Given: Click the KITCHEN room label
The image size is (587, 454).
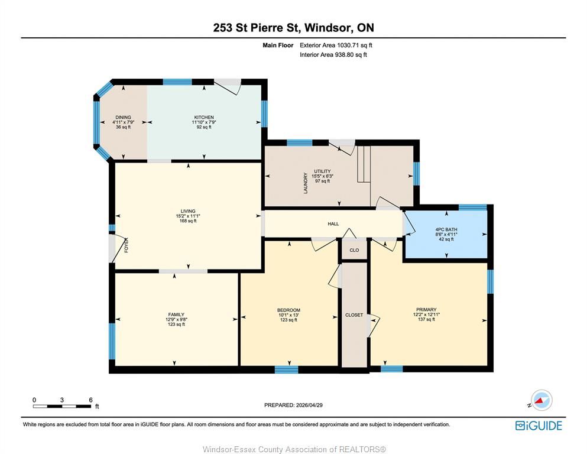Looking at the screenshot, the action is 204,117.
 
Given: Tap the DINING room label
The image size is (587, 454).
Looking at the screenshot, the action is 123,117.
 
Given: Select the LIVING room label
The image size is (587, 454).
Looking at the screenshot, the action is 188,211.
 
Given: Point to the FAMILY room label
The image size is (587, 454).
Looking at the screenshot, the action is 176,314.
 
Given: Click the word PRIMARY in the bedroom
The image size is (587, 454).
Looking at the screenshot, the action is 426,310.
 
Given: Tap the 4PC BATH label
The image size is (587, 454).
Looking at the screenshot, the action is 446,229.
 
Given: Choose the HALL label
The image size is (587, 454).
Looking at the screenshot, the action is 333,224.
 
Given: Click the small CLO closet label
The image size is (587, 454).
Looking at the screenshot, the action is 354,250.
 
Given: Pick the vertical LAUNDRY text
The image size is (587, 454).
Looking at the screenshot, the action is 306,183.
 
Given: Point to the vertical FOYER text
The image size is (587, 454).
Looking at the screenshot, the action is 126,245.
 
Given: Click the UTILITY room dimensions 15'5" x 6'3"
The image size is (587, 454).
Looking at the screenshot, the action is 322,176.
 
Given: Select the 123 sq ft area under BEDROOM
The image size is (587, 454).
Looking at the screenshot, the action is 288,320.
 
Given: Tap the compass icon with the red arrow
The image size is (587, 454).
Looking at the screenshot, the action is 541,400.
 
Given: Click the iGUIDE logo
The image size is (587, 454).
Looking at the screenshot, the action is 539,426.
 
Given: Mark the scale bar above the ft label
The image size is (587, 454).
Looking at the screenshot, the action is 62,406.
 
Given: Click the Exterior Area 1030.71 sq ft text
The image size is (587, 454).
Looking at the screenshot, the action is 336,46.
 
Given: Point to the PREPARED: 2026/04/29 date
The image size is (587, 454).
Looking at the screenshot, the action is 293,405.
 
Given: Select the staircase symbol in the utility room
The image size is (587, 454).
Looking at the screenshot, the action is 364,164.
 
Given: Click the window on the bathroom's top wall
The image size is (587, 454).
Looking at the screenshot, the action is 472,207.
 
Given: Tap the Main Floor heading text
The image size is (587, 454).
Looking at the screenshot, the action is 278,46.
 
